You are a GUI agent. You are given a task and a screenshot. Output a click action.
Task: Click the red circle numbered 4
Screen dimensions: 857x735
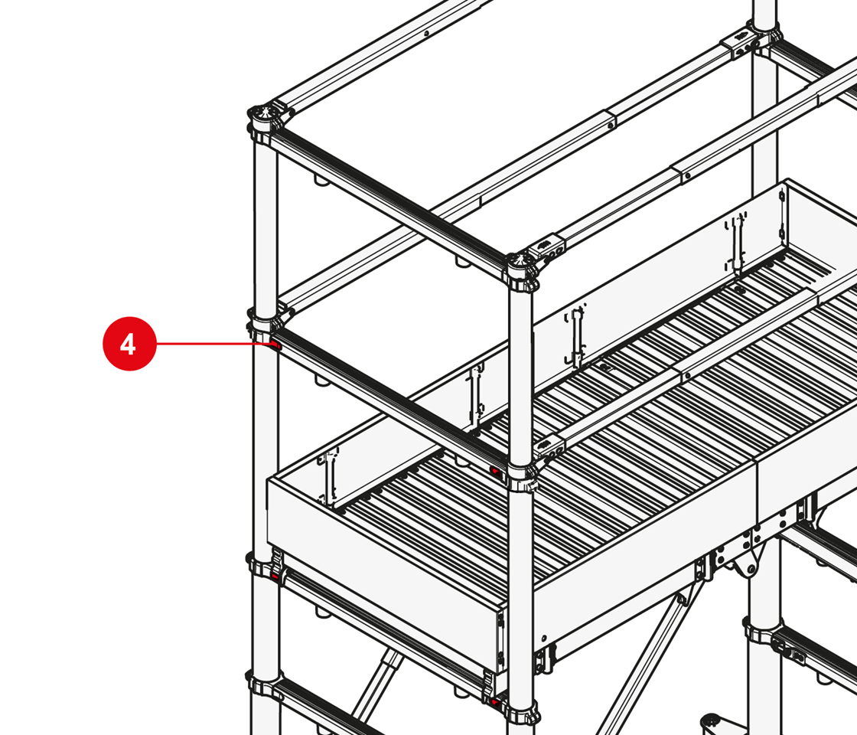pos(129,344)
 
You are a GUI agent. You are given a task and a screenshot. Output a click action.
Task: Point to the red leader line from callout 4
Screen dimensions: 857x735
pos(213,344)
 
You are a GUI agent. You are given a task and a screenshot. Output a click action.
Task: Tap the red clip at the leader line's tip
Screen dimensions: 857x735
pos(275,345)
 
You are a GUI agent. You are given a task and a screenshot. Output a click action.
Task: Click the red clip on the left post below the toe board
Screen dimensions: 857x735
pos(275,577)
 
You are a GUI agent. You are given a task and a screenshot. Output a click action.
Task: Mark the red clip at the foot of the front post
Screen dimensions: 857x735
pos(496,701)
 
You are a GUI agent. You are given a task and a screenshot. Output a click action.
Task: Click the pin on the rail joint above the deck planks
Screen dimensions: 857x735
pos(688,376)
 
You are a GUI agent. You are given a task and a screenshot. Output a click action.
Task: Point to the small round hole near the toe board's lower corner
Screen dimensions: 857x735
pos(544,638)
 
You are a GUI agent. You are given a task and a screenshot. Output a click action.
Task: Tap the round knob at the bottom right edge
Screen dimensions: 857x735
pos(712,721)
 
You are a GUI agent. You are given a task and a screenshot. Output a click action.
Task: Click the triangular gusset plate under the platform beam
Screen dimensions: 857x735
pos(747,563)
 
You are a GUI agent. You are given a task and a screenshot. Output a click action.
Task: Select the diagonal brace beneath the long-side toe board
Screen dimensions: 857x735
pos(650,655)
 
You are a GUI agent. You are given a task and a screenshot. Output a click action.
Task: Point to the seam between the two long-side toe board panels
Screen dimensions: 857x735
pos(757,490)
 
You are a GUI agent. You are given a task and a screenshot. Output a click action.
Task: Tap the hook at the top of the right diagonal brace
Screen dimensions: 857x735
pos(681,597)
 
